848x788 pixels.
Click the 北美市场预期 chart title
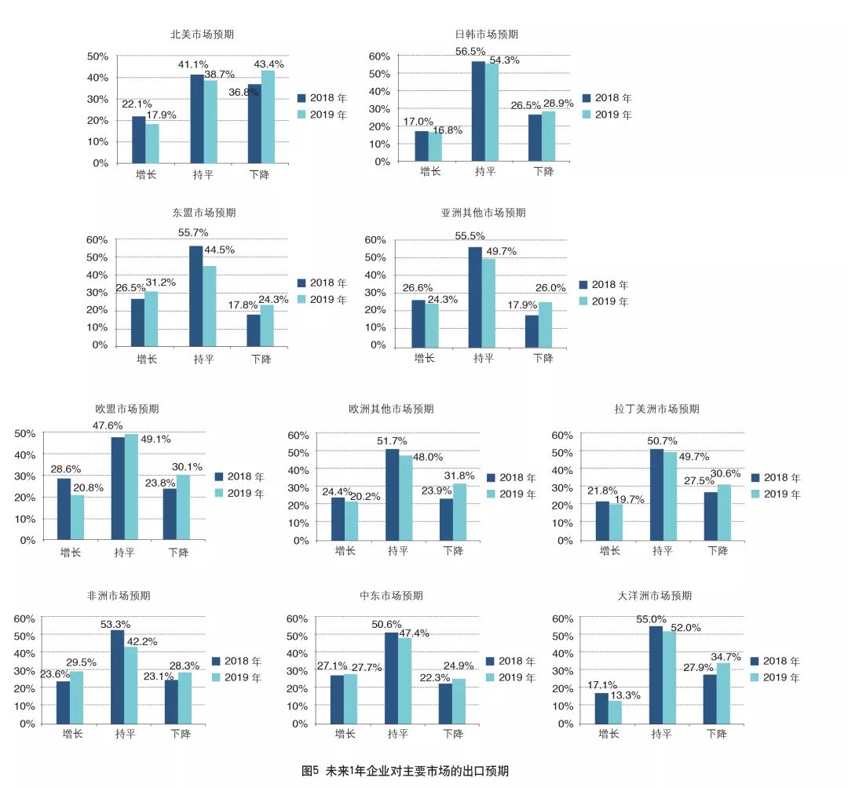tap(202, 35)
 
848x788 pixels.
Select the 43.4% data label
tap(269, 64)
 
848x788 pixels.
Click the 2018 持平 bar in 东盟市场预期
tap(196, 296)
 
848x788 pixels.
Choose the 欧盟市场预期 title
tap(126, 409)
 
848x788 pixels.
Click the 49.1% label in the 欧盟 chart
tap(155, 439)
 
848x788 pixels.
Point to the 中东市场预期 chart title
tap(391, 596)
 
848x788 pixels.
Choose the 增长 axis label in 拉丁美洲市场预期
tap(610, 550)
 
